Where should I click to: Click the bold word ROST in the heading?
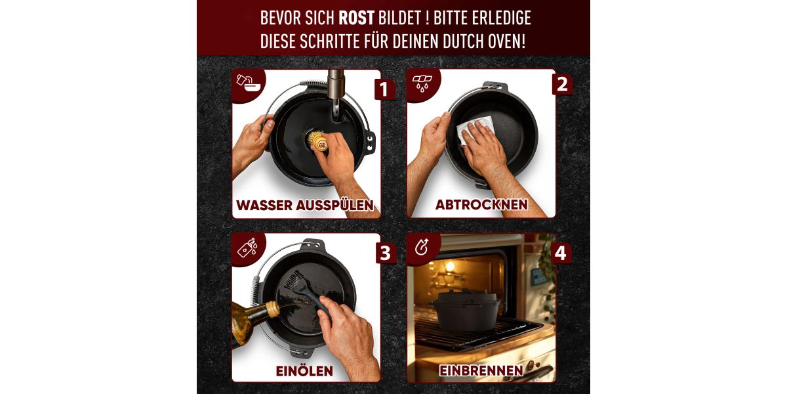click(356, 18)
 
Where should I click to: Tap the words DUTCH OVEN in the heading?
click(484, 41)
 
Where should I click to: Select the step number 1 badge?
click(384, 89)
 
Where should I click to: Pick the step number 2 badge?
click(562, 85)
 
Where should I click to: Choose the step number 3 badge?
click(386, 253)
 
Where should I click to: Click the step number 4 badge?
click(561, 253)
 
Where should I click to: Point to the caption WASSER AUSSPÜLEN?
click(304, 205)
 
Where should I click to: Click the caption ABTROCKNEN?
click(481, 204)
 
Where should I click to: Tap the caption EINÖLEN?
click(304, 370)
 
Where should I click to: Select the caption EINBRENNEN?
click(481, 370)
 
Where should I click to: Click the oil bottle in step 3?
click(254, 321)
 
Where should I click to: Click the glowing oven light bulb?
click(450, 266)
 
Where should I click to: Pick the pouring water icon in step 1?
click(249, 83)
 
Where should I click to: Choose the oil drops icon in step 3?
click(248, 248)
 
